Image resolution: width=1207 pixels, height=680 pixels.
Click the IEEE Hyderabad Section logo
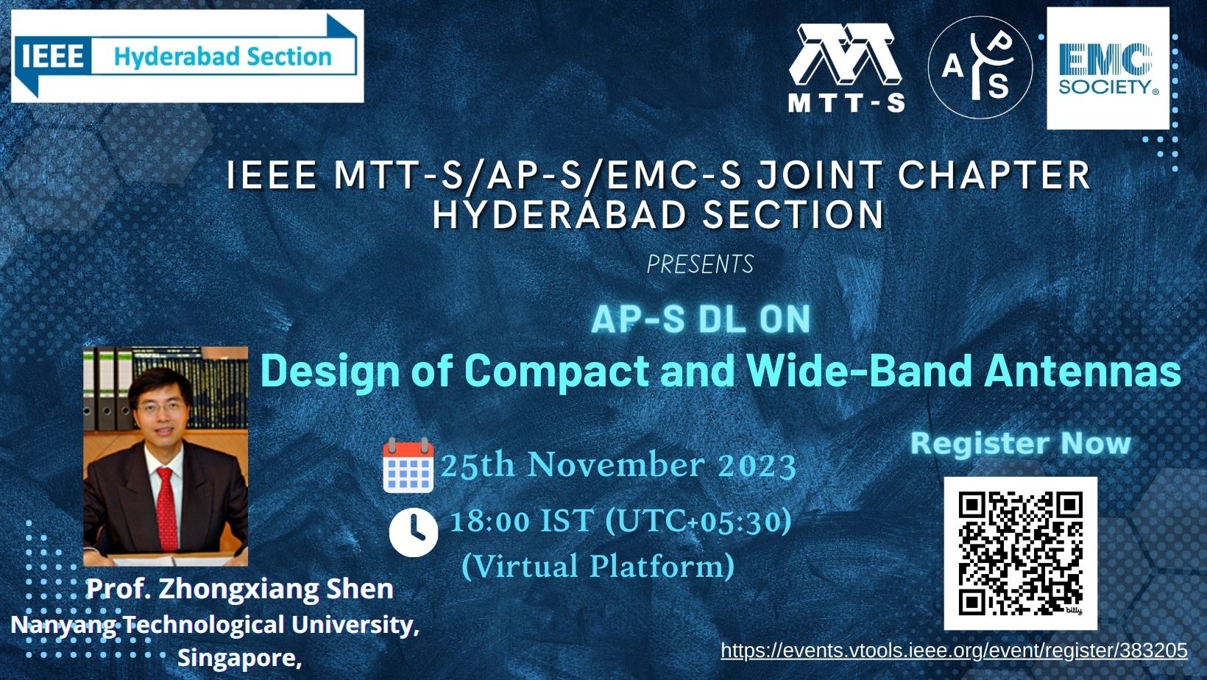tap(187, 56)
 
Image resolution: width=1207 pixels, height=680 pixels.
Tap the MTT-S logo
tap(846, 67)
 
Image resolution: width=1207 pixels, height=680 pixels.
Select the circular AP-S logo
tap(980, 67)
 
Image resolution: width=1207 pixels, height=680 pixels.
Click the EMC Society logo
tap(1108, 68)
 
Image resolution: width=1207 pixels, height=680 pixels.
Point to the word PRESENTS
tap(700, 264)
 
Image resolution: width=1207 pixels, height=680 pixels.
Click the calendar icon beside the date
tap(408, 465)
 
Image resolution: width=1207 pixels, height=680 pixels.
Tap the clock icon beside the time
tap(413, 531)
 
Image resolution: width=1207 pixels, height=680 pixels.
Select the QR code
tap(1020, 553)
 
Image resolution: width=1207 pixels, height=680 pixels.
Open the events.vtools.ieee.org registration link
tap(954, 651)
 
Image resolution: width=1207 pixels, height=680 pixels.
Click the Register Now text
tap(1020, 444)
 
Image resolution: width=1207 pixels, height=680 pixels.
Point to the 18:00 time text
tap(489, 521)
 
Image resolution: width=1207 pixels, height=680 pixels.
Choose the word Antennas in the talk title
tap(1083, 370)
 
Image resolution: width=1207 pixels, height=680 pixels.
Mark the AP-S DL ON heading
tap(700, 319)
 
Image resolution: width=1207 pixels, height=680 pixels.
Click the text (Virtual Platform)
tap(598, 566)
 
